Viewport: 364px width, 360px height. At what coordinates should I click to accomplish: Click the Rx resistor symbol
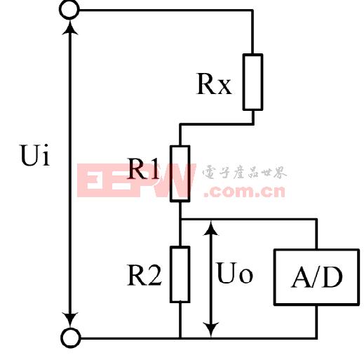[x=252, y=81]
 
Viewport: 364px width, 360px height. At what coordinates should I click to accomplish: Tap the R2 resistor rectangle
[x=180, y=274]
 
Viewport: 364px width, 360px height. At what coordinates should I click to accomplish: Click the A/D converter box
[x=317, y=278]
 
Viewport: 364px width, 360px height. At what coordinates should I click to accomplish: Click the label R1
[x=144, y=168]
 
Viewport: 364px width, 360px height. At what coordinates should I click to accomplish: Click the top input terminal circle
[x=70, y=10]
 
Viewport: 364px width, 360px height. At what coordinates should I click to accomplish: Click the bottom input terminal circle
[x=70, y=338]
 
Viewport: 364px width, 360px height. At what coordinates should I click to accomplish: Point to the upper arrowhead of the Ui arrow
[x=70, y=28]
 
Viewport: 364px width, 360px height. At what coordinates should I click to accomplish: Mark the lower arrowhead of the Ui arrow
[x=70, y=320]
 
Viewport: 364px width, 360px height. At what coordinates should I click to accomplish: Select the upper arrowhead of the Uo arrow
[x=210, y=229]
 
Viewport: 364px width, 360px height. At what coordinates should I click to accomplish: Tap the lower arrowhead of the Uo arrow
[x=210, y=329]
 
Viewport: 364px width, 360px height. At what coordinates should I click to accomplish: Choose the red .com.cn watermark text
[x=242, y=190]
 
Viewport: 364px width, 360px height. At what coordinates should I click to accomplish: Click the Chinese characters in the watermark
[x=244, y=173]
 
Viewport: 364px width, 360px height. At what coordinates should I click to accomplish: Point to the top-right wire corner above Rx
[x=252, y=10]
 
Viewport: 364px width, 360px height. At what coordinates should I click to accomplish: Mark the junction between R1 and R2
[x=180, y=220]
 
